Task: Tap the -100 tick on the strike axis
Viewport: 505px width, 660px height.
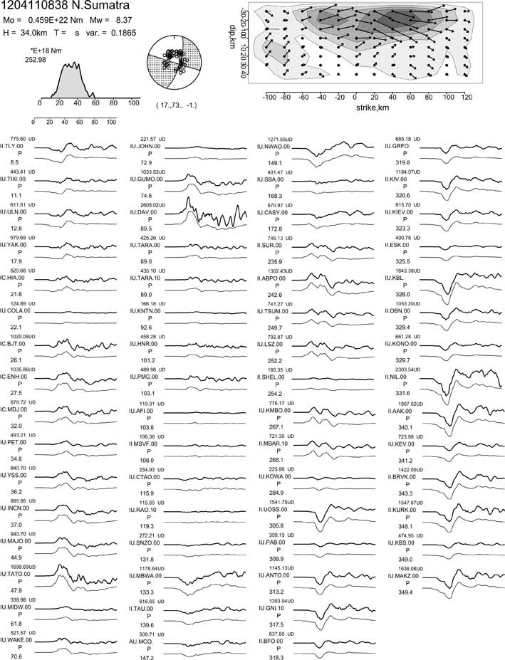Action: pyautogui.click(x=269, y=97)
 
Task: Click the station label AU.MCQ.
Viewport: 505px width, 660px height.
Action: pyautogui.click(x=145, y=640)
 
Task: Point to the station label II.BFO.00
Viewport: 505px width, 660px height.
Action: pyautogui.click(x=272, y=640)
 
